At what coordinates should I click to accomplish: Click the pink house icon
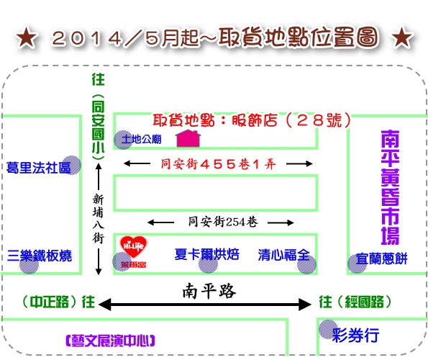[x=188, y=138]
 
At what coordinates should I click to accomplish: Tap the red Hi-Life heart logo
[x=133, y=247]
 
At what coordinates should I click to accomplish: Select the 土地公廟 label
[x=142, y=139]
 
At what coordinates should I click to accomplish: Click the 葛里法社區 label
[x=39, y=168]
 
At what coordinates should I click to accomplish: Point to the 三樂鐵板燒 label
[x=40, y=256]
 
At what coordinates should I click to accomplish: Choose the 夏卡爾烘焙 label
[x=207, y=254]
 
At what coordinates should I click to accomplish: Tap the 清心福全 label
[x=284, y=255]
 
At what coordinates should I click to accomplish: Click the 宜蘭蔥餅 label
[x=381, y=258]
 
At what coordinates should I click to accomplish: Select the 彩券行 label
[x=355, y=335]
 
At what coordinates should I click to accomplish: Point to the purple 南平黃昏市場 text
[x=391, y=187]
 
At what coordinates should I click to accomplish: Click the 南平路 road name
[x=209, y=291]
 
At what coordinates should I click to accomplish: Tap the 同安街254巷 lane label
[x=223, y=222]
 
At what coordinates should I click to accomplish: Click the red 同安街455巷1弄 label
[x=218, y=164]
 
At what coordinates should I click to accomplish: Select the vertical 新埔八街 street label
[x=98, y=218]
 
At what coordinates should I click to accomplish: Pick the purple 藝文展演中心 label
[x=110, y=341]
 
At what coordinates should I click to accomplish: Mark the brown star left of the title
[x=26, y=37]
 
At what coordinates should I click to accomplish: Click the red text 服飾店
[x=255, y=120]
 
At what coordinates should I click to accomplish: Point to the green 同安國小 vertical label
[x=98, y=127]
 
